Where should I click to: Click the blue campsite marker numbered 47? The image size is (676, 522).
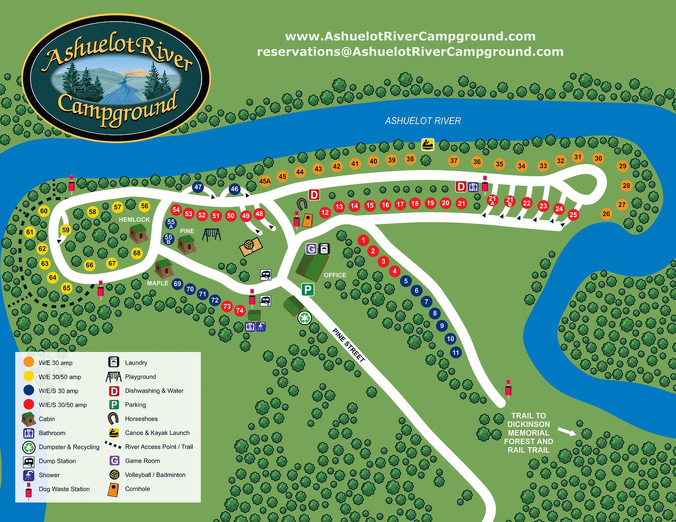(x=198, y=187)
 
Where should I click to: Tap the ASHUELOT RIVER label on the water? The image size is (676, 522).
(x=423, y=121)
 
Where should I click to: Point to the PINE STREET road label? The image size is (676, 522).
(x=348, y=345)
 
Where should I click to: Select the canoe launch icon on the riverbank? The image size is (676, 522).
(x=427, y=144)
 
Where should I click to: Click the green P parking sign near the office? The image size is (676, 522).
(x=307, y=289)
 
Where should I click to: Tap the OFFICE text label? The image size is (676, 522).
(x=335, y=275)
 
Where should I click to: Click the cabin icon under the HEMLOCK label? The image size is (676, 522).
(x=139, y=233)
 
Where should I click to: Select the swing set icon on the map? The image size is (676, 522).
(x=211, y=234)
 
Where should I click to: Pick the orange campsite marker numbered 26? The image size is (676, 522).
(x=606, y=214)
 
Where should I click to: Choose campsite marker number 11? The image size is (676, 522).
(x=456, y=352)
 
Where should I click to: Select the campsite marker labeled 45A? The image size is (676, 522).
(x=265, y=181)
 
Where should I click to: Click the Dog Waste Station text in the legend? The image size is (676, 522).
(x=64, y=489)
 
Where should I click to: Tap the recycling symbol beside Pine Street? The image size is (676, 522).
(x=305, y=318)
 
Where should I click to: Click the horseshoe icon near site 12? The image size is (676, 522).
(x=302, y=204)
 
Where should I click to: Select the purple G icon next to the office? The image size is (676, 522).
(x=311, y=249)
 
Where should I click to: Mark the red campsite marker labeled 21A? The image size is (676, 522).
(x=492, y=200)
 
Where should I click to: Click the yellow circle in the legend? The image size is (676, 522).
(x=29, y=376)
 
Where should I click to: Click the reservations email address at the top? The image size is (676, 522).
(x=410, y=52)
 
